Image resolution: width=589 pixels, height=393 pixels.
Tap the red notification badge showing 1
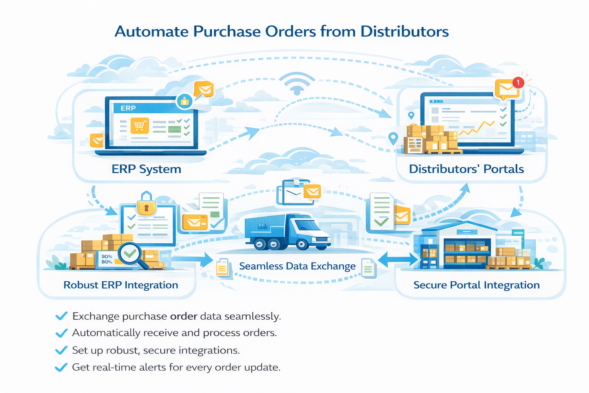(x=518, y=82)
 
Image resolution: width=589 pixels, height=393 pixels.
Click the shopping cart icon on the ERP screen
(x=140, y=125)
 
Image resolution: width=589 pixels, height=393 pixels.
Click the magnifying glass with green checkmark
(x=131, y=254)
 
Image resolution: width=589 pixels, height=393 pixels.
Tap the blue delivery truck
(x=287, y=232)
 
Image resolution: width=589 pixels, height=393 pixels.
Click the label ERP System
(x=146, y=169)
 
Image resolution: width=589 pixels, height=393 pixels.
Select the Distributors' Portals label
(x=466, y=169)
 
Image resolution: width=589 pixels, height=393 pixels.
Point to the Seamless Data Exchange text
(x=297, y=266)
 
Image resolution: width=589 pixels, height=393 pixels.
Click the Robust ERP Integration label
(x=121, y=285)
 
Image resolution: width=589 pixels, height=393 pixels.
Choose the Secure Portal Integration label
(x=476, y=285)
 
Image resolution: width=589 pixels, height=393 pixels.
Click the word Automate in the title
(x=151, y=32)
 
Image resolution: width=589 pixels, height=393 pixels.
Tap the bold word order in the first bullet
(x=184, y=316)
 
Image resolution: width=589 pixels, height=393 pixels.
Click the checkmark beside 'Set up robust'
(x=61, y=350)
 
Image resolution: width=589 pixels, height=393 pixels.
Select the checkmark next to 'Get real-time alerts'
(x=61, y=367)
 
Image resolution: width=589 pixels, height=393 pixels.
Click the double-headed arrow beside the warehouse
(x=398, y=259)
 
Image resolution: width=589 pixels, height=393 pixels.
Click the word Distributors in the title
(x=405, y=32)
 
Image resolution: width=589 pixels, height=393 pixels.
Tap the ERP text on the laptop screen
(x=128, y=108)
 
